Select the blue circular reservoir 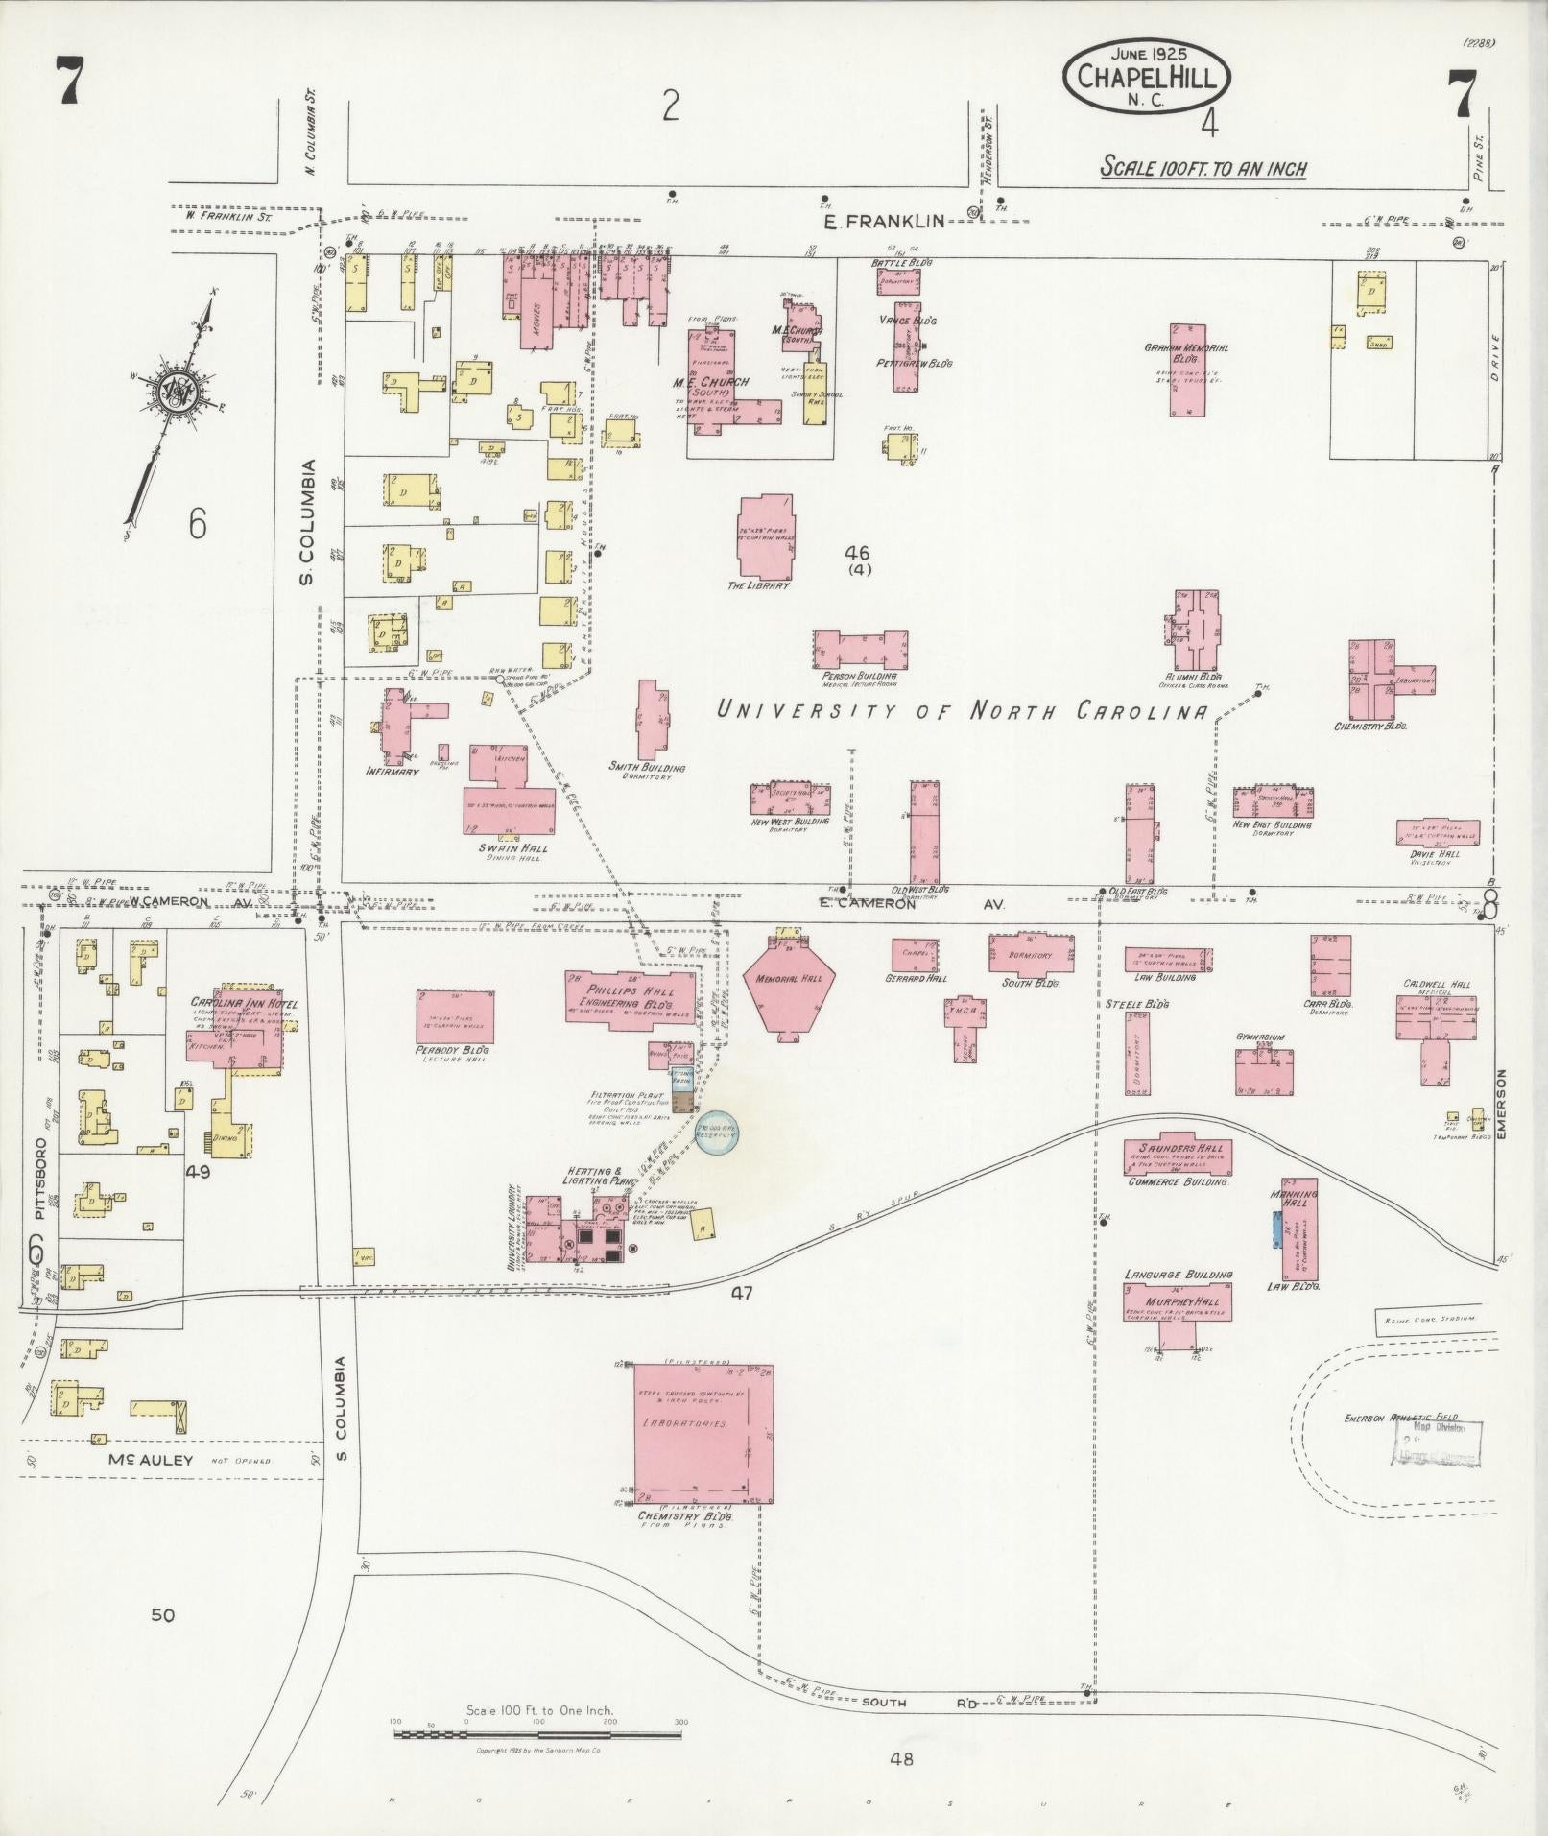[718, 1133]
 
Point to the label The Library [759, 584]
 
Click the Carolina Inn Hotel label [244, 1004]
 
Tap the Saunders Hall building [1178, 1156]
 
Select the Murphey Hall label [1178, 1292]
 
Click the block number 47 [741, 1293]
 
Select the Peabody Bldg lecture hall [456, 1016]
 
